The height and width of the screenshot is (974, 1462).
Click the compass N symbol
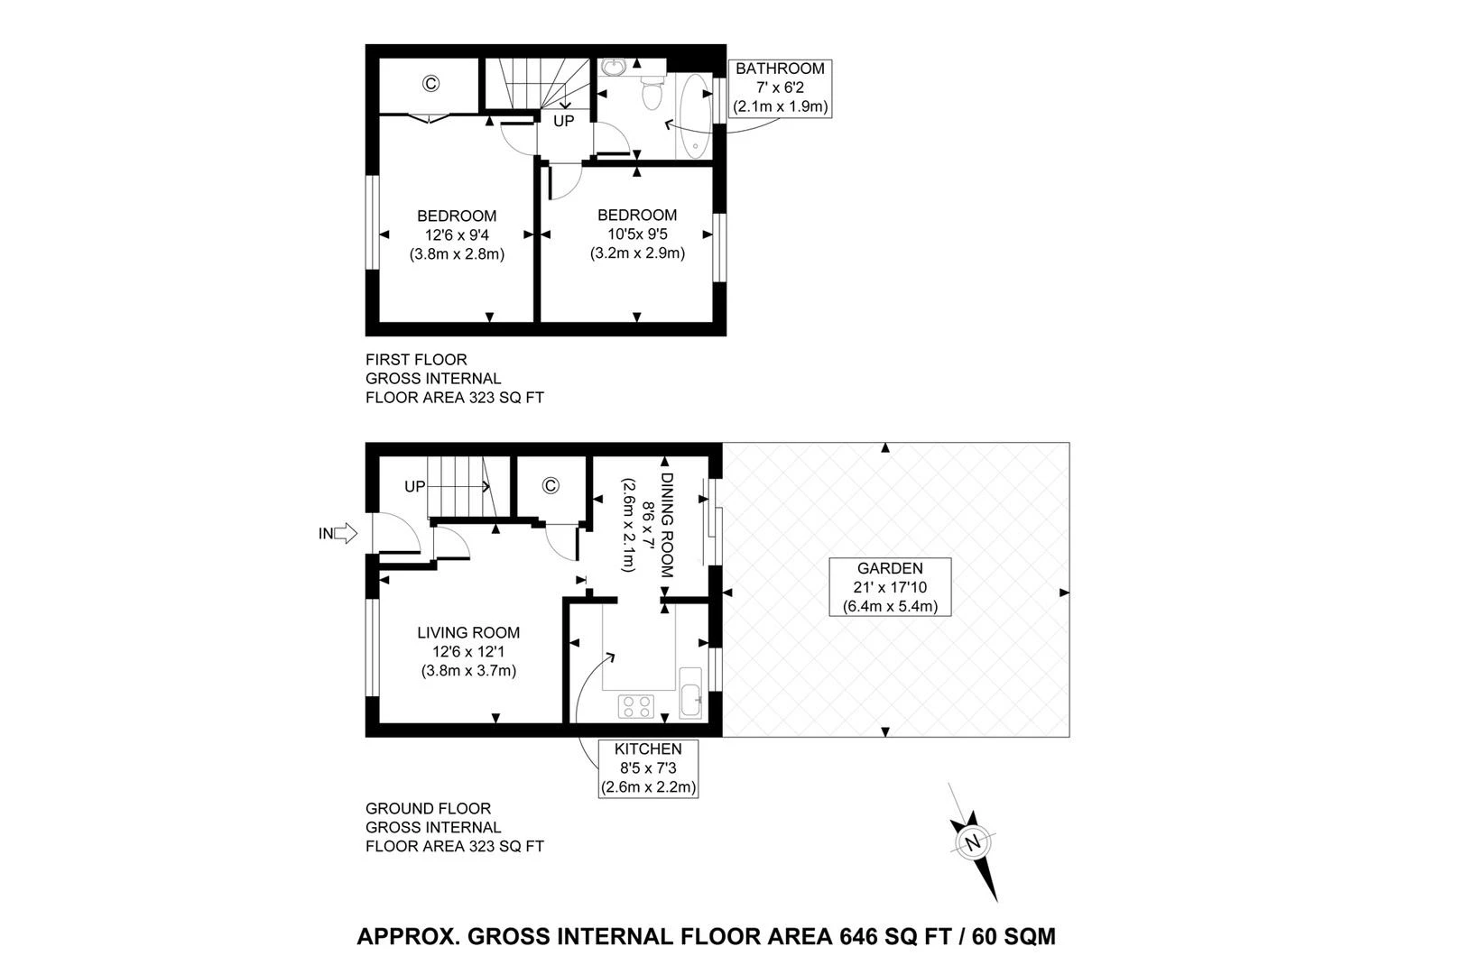(x=973, y=843)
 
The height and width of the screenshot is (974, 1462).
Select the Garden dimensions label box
(x=890, y=587)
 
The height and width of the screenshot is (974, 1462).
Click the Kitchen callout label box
(x=648, y=768)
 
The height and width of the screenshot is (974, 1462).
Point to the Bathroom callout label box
(x=780, y=87)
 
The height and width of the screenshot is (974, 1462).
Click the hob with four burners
(x=636, y=706)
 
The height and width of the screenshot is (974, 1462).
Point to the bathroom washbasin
(x=614, y=68)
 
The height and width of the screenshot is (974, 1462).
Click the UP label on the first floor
(x=563, y=121)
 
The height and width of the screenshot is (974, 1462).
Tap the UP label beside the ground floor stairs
(x=414, y=487)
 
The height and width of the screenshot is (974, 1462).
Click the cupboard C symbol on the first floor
(x=430, y=84)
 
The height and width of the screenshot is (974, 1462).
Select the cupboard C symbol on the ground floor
(x=551, y=486)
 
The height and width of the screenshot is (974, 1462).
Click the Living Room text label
(x=468, y=633)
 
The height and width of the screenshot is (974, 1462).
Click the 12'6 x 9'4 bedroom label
(x=457, y=234)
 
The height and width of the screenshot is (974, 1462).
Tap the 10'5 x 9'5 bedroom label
(x=637, y=234)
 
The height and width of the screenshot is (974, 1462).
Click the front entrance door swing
(x=394, y=533)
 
